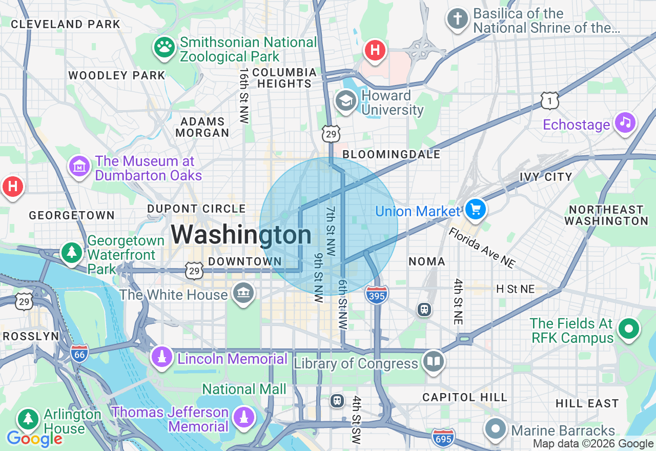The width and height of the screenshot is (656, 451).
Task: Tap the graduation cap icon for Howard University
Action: coord(346,101)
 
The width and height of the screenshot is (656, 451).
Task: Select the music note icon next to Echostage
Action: coord(625,122)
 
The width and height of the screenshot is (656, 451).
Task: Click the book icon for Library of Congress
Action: coord(433,362)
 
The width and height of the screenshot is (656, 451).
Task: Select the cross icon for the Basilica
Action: coord(457,19)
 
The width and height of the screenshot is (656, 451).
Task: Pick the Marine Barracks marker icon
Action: coord(496,429)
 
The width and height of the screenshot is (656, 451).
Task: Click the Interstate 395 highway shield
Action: coord(377,294)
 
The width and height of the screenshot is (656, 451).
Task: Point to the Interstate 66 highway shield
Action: coord(80,354)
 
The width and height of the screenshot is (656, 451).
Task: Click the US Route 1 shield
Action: coord(549,101)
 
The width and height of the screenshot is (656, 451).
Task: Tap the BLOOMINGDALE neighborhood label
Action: coord(391,154)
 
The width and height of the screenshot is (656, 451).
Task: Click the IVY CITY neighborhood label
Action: coord(545,177)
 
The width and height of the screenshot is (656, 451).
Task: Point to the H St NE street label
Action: coord(515,289)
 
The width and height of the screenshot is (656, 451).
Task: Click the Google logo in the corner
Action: coord(34,439)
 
